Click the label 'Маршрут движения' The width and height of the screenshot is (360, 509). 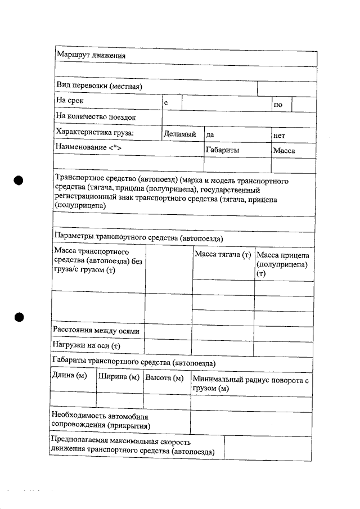90,55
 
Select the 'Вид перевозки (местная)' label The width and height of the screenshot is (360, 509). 98,86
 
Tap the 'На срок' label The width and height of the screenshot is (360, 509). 69,101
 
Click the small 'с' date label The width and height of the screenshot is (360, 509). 166,104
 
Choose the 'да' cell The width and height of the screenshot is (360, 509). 210,135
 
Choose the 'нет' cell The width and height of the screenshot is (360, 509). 279,136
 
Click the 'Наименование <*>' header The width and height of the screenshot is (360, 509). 88,147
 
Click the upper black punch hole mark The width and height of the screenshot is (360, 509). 18,180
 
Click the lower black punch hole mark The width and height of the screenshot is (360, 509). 18,317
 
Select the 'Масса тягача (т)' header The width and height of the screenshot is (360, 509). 223,255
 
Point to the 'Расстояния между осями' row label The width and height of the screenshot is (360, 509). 96,331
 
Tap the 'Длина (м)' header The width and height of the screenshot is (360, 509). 70,376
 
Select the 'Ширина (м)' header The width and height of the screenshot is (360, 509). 119,376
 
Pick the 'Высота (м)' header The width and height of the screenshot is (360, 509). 165,377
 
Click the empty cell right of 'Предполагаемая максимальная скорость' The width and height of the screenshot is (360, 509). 268,447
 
